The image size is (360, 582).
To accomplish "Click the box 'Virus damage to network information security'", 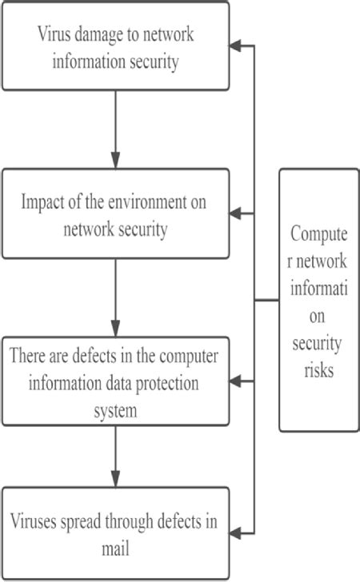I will click(x=115, y=46).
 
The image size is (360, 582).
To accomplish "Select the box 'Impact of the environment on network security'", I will click(x=115, y=215).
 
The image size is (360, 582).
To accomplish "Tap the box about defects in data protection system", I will click(x=115, y=381).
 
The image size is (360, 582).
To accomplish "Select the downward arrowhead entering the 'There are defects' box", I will click(x=116, y=329).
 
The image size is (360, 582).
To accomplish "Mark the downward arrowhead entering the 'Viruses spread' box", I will click(x=116, y=479).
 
